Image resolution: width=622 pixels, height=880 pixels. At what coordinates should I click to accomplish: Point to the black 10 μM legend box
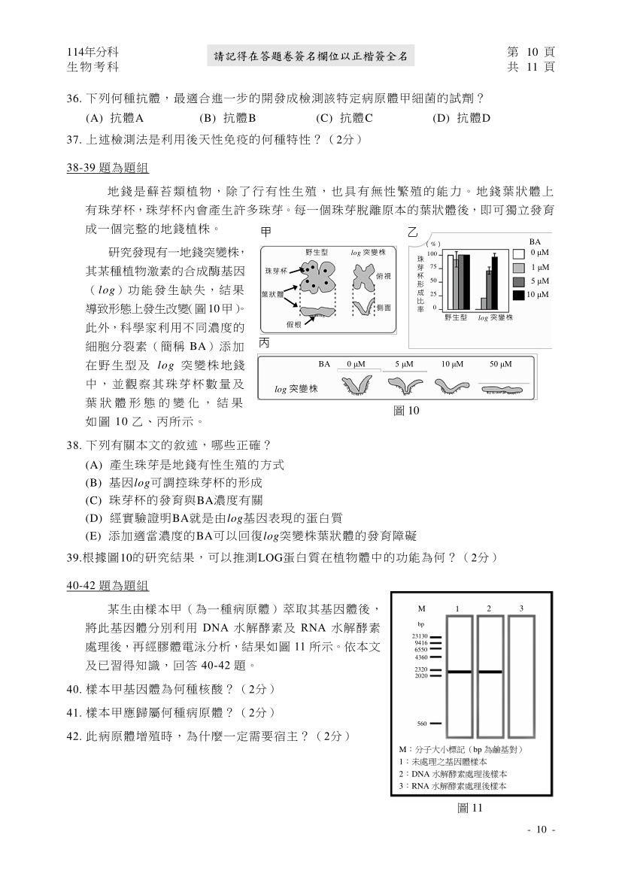(x=518, y=295)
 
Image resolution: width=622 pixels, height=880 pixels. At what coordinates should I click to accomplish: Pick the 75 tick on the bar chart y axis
(x=434, y=267)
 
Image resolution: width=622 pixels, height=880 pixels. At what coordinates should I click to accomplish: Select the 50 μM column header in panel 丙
(x=500, y=364)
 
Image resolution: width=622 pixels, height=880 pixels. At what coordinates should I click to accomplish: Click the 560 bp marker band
(x=435, y=724)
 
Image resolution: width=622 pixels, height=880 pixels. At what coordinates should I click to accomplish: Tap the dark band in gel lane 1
(x=460, y=672)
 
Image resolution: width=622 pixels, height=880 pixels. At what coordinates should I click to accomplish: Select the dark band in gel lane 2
(x=489, y=672)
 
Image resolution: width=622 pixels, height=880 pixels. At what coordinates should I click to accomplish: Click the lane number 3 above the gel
(x=521, y=608)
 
